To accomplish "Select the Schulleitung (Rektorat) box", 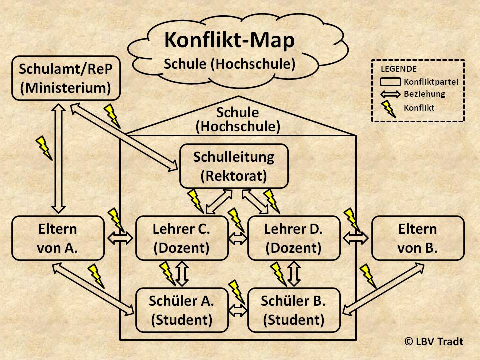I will point(234,166).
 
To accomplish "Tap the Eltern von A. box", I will point(57,238).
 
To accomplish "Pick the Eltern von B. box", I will point(418,238).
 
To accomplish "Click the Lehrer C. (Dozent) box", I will point(181,238).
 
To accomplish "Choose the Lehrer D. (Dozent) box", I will point(293,238).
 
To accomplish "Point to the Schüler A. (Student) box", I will point(181,310).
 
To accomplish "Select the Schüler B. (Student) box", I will point(293,310).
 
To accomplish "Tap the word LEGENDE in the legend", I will point(399,69).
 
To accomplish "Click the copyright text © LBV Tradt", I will point(434,341).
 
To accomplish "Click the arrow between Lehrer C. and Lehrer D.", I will point(238,238).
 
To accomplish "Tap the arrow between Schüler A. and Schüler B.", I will point(238,310).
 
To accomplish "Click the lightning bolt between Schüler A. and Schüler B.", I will point(237,292).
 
